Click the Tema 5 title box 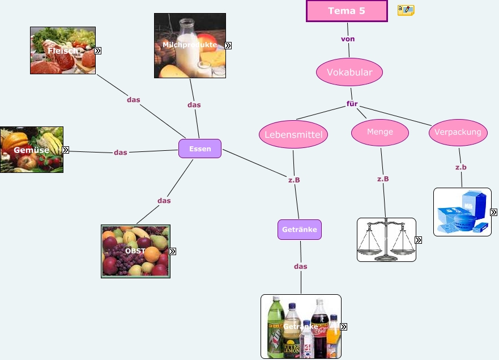[347, 11]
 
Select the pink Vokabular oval [349, 72]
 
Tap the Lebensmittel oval [293, 134]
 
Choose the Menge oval [380, 132]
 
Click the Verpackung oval [458, 132]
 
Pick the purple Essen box [200, 149]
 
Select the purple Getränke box [300, 230]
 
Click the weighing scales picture [386, 239]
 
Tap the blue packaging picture [462, 211]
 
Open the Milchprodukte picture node [190, 45]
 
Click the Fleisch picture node [62, 50]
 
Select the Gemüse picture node [31, 150]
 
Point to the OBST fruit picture [135, 251]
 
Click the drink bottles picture [300, 326]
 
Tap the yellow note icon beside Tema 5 [406, 10]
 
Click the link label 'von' [348, 39]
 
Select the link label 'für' [352, 104]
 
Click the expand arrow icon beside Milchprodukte [228, 45]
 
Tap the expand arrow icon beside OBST [173, 251]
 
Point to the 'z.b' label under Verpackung [461, 167]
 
